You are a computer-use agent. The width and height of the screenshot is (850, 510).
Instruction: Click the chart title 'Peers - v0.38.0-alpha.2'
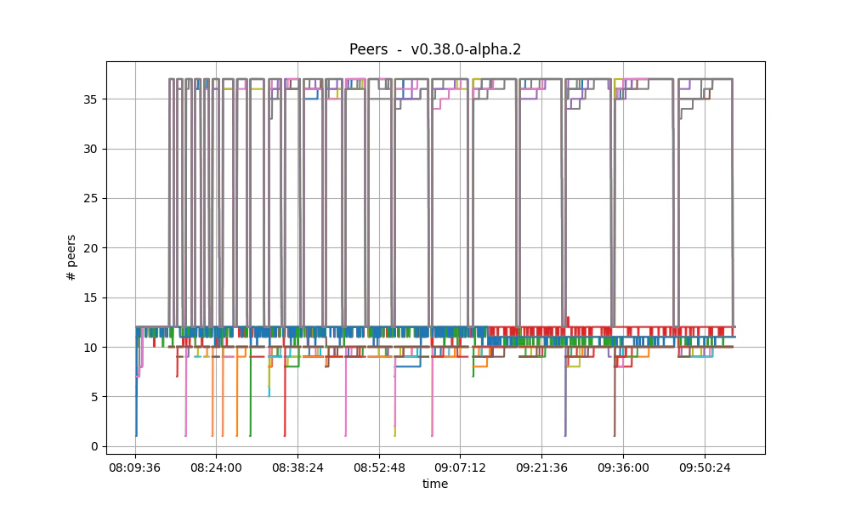[x=434, y=49]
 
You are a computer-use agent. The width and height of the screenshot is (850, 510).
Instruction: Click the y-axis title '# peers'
[x=71, y=258]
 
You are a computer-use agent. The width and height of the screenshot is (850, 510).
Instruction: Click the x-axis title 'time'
[x=435, y=484]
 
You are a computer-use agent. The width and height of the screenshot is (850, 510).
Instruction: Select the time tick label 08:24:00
[x=216, y=467]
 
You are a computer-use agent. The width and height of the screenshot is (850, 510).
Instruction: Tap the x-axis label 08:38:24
[x=297, y=467]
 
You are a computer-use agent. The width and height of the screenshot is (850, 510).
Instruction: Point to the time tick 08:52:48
[x=379, y=467]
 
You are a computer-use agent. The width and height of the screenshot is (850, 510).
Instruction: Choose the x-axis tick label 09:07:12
[x=460, y=467]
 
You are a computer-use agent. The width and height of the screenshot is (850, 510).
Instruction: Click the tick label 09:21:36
[x=541, y=467]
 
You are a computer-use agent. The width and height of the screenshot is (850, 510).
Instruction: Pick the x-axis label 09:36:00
[x=623, y=467]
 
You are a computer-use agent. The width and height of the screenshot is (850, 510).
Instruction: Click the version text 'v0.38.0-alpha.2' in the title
[x=466, y=49]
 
